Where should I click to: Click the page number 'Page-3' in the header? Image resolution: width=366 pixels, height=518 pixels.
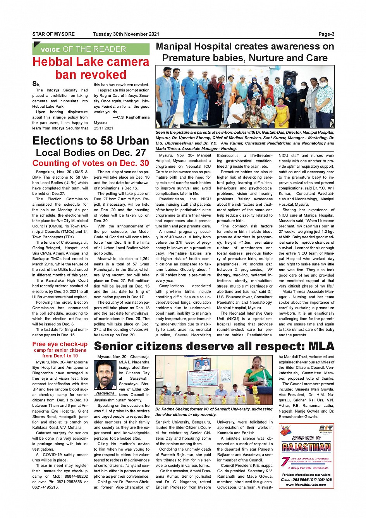coord(326,34)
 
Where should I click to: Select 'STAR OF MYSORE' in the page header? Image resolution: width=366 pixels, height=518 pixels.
coord(53,34)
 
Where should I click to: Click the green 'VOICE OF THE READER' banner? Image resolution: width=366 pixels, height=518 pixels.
coord(91,49)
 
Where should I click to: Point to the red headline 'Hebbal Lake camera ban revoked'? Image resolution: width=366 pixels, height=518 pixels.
coord(91,68)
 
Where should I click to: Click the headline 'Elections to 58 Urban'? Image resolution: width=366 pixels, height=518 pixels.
coord(91,141)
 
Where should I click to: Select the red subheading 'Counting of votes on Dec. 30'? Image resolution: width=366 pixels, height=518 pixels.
coord(91,163)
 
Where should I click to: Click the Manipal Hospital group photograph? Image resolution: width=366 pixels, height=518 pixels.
coord(245,97)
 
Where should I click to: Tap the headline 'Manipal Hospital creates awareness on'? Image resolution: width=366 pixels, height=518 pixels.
coord(245,46)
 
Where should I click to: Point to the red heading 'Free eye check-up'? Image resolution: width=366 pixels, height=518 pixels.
coord(60,344)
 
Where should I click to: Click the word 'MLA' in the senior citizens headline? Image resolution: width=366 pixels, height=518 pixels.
coord(318,346)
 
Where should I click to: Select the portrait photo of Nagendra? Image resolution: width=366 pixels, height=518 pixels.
coord(105,375)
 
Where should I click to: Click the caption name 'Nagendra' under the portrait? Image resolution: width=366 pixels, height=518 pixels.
coord(105,393)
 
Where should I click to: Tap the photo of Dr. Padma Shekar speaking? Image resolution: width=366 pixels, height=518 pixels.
coord(214,380)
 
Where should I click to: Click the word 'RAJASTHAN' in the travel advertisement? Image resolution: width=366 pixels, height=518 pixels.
coord(306,447)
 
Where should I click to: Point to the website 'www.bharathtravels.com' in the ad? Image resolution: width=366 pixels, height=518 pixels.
coord(306,485)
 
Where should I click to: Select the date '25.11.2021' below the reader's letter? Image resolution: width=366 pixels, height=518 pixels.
coord(103,128)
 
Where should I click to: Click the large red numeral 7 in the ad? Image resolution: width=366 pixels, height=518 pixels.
coord(285,461)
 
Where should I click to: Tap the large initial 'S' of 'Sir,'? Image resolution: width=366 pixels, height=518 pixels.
coord(34,84)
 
